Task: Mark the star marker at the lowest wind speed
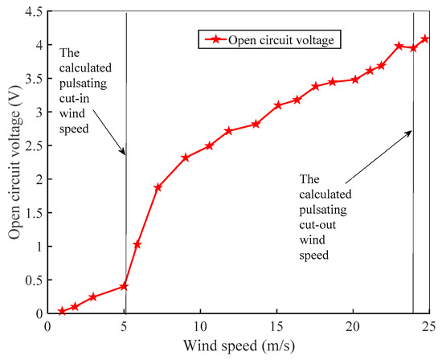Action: [62, 311]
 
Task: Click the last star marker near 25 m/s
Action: [425, 39]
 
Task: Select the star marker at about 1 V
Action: [137, 244]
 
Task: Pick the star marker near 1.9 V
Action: [158, 187]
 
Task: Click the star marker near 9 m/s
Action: [186, 157]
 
